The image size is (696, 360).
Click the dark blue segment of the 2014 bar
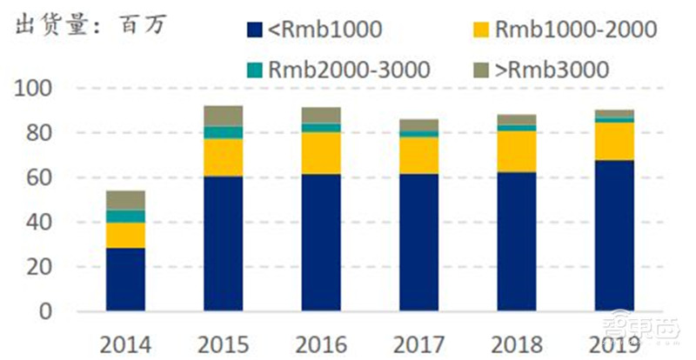point(125,279)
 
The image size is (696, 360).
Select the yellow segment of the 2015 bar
point(224,157)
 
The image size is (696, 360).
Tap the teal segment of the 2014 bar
point(125,217)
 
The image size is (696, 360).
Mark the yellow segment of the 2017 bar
point(419,156)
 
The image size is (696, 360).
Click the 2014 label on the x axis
point(125,342)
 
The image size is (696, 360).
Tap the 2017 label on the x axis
point(419,342)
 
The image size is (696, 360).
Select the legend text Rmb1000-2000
point(574,30)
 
